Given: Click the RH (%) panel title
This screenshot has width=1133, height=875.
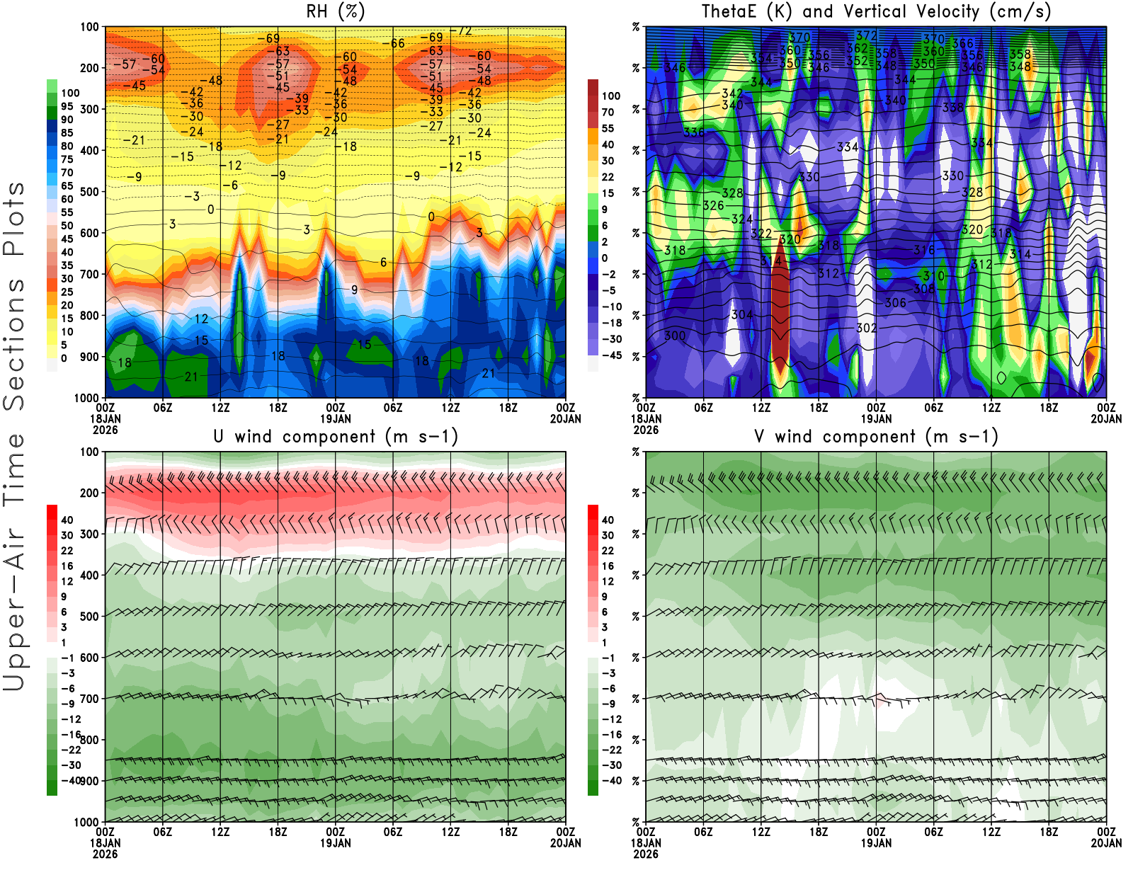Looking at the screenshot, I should coord(335,12).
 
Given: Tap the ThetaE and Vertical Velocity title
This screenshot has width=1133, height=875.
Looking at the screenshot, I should coord(876,12).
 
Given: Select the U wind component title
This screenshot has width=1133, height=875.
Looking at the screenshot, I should coord(335,437).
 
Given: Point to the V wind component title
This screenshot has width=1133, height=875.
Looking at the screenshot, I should coord(876,437).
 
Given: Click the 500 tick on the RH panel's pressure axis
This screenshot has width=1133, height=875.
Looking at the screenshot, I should coord(89,192).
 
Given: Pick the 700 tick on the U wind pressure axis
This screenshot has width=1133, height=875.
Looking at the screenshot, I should coord(89,699).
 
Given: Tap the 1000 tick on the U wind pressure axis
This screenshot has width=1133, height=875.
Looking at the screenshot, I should coord(86,823).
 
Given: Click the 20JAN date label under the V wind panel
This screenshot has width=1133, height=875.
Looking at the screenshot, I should coord(1106,843).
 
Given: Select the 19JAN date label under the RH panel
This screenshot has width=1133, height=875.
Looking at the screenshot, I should coord(335,418).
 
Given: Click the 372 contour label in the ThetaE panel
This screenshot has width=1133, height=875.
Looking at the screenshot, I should coord(866,35).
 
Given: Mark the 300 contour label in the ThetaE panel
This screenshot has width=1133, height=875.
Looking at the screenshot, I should coord(675,336).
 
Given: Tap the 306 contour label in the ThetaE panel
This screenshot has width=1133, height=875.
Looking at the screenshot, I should coord(895,303).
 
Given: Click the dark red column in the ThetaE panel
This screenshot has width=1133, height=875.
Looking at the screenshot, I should coord(780,304).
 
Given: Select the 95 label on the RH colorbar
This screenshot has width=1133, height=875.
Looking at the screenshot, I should coord(67,106).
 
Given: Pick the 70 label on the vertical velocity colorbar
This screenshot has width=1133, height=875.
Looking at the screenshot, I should coord(608,112).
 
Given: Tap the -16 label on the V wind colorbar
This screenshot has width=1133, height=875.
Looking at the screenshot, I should coord(611,735).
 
